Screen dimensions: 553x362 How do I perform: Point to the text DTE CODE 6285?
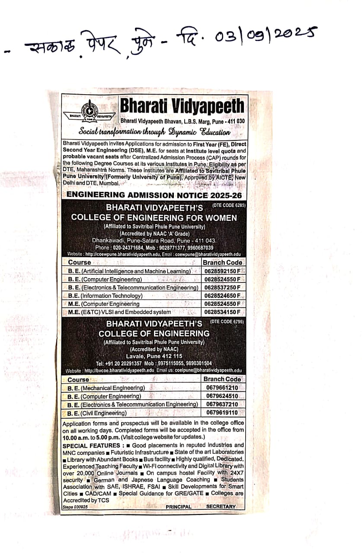point(228,205)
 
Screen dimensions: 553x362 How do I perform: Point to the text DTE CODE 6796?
point(227,322)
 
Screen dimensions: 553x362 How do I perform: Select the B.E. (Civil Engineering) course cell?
point(97,413)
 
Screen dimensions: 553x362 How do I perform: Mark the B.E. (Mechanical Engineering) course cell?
point(106,388)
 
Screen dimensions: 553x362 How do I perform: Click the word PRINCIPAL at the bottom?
point(178,506)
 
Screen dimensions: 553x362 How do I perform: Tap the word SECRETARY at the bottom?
point(221,506)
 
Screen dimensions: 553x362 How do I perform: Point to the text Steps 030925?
point(75,507)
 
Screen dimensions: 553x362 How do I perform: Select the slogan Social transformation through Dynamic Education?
point(154,132)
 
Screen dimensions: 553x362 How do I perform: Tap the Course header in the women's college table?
point(80,262)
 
